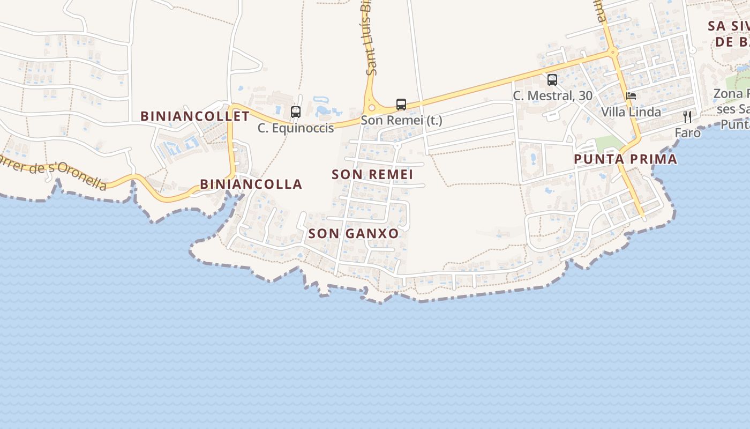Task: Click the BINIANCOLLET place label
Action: (x=195, y=116)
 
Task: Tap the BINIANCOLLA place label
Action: (x=251, y=184)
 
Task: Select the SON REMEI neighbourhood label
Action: (x=372, y=174)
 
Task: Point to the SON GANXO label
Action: (x=354, y=233)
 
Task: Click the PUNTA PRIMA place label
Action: (x=625, y=159)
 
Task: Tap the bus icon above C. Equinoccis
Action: (x=295, y=112)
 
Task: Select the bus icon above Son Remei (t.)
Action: (x=401, y=105)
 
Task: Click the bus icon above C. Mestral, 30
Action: (x=552, y=80)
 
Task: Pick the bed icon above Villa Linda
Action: (x=631, y=97)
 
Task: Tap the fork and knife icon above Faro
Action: (x=687, y=116)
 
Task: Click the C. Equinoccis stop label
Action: (x=295, y=128)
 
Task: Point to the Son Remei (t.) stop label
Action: (x=401, y=120)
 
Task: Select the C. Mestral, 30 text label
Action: (x=552, y=96)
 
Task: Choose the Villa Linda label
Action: (x=631, y=112)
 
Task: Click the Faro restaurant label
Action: (x=687, y=132)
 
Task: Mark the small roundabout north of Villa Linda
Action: (x=612, y=53)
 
